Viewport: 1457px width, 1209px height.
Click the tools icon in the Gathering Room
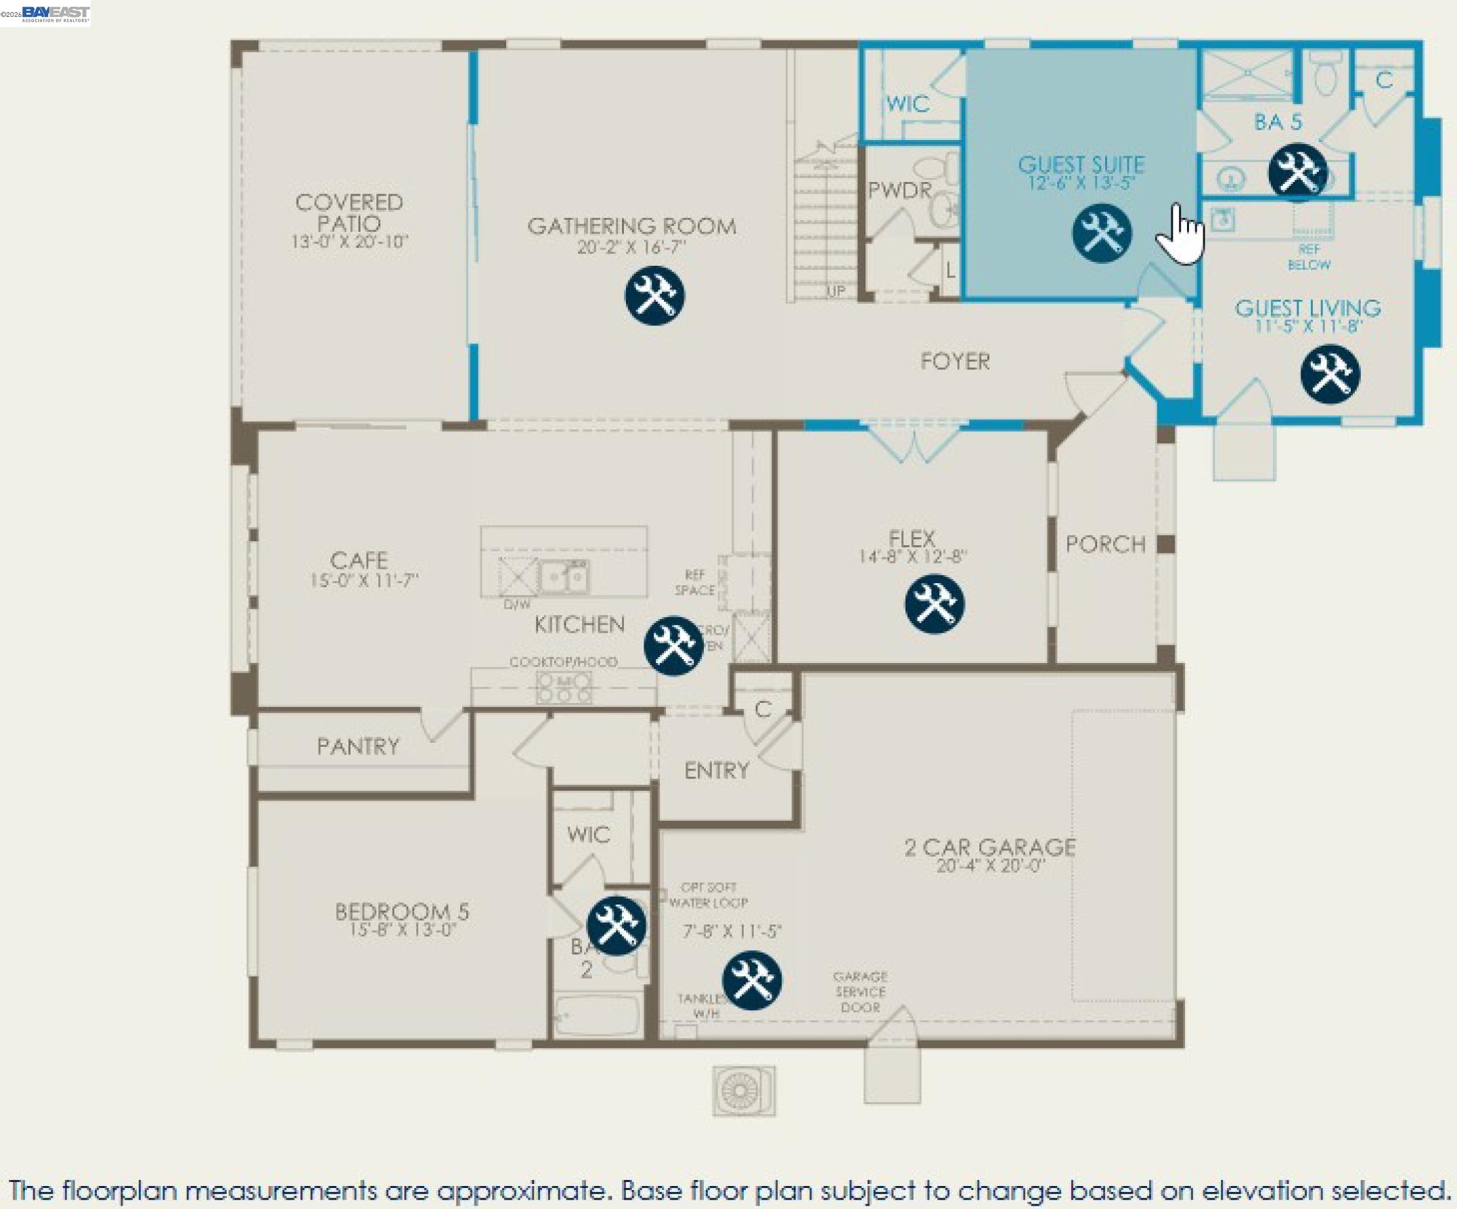(x=654, y=296)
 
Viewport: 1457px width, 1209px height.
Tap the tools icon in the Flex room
(x=934, y=603)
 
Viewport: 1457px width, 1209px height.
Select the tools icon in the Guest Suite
(x=1102, y=233)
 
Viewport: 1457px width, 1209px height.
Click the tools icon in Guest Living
(x=1330, y=375)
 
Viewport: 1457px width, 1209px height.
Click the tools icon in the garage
(x=752, y=980)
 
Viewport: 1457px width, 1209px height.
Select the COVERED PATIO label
(x=349, y=214)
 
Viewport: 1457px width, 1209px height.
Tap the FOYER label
(x=955, y=361)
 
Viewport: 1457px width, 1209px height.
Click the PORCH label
(x=1105, y=545)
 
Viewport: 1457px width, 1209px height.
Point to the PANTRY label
(x=358, y=746)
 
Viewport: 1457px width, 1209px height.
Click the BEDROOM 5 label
(x=402, y=911)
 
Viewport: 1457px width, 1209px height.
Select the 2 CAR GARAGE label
(x=990, y=847)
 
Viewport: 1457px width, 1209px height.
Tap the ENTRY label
(x=716, y=771)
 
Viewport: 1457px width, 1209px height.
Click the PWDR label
(x=899, y=190)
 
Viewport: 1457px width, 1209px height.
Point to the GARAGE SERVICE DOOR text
(x=860, y=992)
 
